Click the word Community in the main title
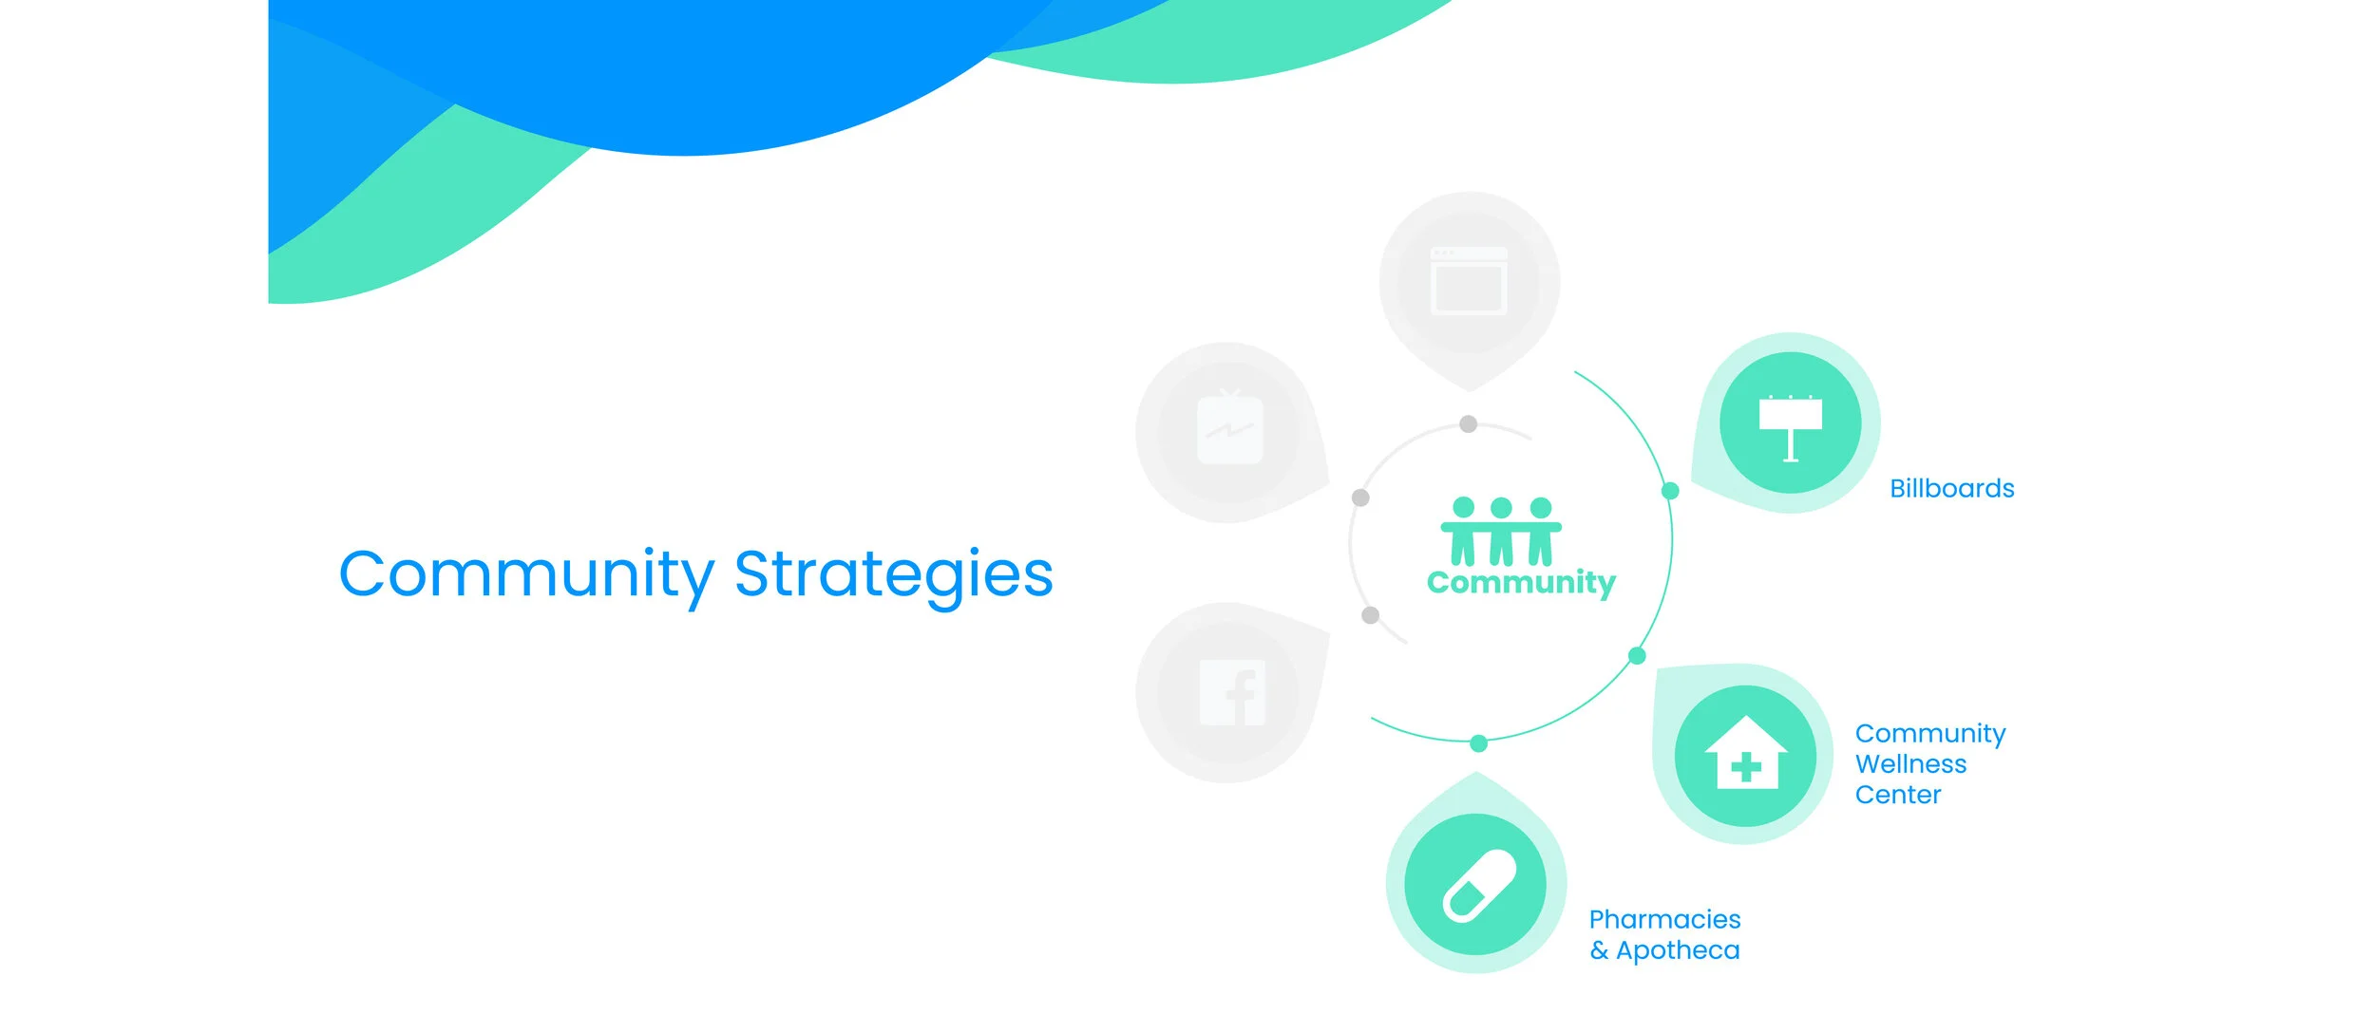(x=525, y=574)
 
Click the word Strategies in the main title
(x=893, y=574)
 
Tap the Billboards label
(x=1951, y=489)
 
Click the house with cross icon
(x=1745, y=754)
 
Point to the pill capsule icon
(x=1479, y=885)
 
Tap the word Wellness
(x=1910, y=764)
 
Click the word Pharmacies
(x=1664, y=919)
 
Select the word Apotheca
(x=1678, y=950)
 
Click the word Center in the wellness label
(x=1897, y=795)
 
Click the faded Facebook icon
(x=1232, y=692)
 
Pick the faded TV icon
(x=1229, y=430)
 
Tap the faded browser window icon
(x=1469, y=281)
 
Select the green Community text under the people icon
(x=1520, y=582)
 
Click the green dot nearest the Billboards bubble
(x=1669, y=491)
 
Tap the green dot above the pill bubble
(x=1478, y=743)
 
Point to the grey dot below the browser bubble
(x=1468, y=423)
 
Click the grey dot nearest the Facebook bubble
(x=1370, y=615)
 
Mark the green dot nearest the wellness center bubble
(x=1637, y=656)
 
